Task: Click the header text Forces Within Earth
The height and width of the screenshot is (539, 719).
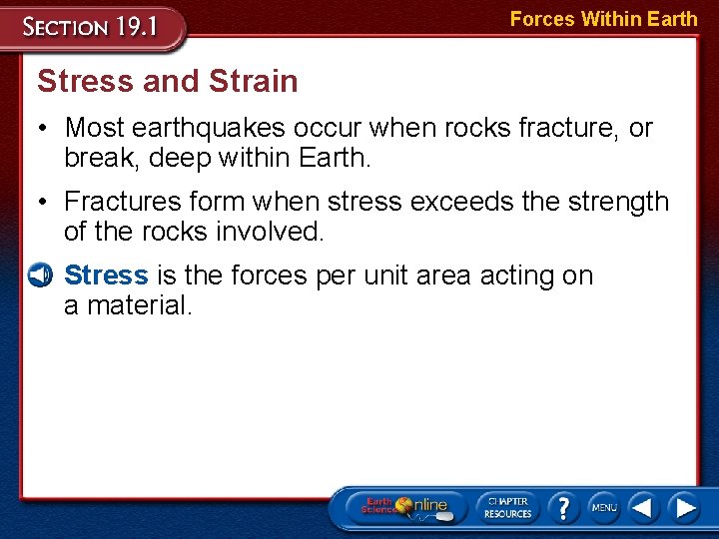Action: pos(603,18)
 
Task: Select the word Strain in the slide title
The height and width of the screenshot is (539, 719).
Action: pos(254,81)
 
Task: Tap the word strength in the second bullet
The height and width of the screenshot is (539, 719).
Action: pos(617,202)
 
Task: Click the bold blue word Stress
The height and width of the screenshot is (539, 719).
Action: pos(106,275)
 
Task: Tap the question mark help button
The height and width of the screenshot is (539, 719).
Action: pos(563,507)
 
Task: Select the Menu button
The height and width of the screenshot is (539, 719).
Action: pos(603,508)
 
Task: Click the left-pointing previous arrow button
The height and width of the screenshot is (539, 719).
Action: pos(643,508)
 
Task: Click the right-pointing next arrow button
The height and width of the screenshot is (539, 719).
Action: pos(684,508)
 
